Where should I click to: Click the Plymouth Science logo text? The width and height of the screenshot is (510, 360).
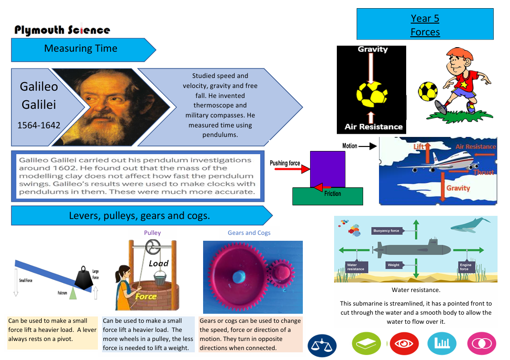coord(62,29)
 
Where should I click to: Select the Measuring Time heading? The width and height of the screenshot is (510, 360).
coord(81,49)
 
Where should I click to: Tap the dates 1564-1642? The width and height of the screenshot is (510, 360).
coord(39,125)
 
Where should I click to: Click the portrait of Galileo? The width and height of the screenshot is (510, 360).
coord(111,107)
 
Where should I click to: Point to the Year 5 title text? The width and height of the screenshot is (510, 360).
coord(425,19)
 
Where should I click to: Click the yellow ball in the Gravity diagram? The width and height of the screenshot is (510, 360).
coord(372,95)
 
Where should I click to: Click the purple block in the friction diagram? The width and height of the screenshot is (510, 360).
coord(327,169)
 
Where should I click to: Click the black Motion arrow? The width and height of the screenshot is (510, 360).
coord(368,146)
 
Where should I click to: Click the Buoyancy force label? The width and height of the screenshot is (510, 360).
coord(386,231)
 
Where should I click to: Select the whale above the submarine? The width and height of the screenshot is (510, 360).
coord(470,225)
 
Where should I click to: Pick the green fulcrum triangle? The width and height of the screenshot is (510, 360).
coord(73,293)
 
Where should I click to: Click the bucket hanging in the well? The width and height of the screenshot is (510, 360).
coord(160,278)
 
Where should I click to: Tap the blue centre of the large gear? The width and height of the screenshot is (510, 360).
coord(239,277)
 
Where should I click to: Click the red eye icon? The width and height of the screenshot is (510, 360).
coord(404,343)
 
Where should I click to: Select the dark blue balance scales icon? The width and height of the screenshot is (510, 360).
coord(322,345)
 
